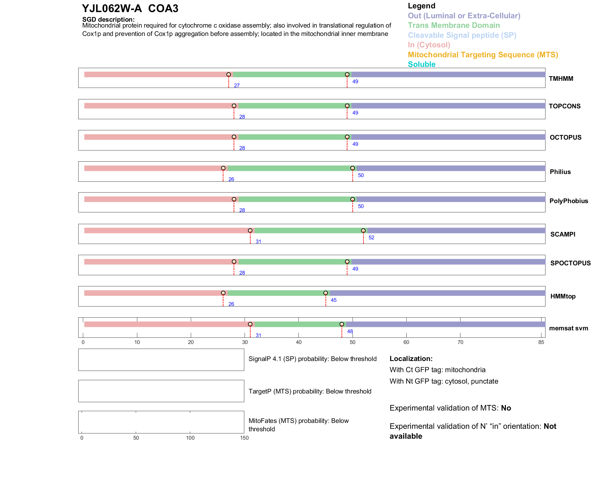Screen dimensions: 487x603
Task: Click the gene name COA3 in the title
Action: [163, 9]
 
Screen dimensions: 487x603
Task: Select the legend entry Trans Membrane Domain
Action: [454, 25]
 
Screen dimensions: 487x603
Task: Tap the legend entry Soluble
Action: [421, 64]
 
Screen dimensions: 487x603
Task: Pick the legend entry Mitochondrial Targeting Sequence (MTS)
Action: [483, 55]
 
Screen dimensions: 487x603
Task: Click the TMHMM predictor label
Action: [561, 79]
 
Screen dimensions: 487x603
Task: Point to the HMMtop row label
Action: [563, 296]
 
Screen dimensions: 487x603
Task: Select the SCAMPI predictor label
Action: [563, 234]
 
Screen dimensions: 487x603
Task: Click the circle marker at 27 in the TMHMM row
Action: [229, 75]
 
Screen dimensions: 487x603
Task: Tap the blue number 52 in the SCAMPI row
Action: [371, 237]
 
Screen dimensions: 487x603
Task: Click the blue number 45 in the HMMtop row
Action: [334, 300]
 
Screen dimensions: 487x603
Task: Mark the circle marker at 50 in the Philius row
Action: [353, 168]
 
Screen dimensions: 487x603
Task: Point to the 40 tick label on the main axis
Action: [299, 342]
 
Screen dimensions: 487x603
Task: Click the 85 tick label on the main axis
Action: [541, 342]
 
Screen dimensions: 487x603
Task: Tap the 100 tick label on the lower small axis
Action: [190, 438]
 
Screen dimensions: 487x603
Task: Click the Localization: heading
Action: [411, 359]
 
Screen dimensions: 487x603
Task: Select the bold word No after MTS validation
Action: [506, 408]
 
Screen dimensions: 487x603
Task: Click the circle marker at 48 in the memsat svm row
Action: [342, 324]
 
